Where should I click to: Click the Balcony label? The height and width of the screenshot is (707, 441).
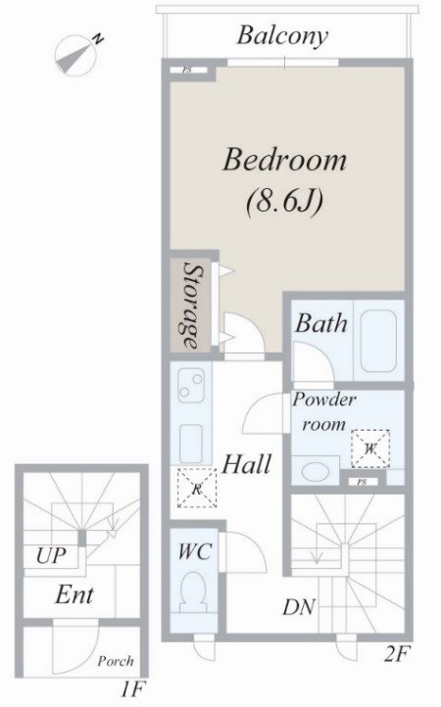[x=282, y=36]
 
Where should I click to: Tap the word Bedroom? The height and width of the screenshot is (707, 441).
[x=285, y=160]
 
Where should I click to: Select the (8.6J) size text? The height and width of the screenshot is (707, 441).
[x=285, y=200]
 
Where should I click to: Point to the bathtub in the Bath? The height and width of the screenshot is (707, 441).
[x=378, y=342]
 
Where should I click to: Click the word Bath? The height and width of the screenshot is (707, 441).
[x=321, y=323]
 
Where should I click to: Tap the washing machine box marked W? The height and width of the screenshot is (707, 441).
[x=370, y=448]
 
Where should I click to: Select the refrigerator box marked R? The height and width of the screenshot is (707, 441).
[x=196, y=489]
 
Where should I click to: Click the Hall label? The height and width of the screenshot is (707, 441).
[x=247, y=463]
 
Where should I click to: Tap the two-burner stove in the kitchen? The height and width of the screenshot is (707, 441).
[x=191, y=386]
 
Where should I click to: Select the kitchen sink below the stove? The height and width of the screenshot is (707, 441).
[x=192, y=441]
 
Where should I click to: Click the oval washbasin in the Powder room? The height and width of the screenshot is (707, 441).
[x=315, y=472]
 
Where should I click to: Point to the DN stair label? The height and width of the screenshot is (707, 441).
[x=298, y=607]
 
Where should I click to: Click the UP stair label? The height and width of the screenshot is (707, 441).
[x=51, y=555]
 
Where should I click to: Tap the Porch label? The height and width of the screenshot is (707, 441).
[x=116, y=661]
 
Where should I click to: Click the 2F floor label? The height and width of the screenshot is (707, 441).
[x=397, y=654]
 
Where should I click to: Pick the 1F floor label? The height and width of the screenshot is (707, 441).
[x=132, y=689]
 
